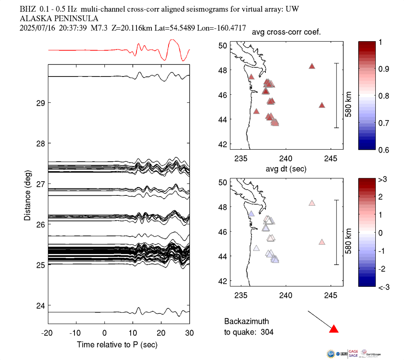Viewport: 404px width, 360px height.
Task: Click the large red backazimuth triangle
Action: pos(334,329)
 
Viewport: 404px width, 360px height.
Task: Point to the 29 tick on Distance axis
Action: pos(40,103)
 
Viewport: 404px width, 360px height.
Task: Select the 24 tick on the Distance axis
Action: pos(40,306)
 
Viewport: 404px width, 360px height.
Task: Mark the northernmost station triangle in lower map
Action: pos(312,203)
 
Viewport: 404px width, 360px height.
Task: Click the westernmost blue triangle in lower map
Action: pos(251,214)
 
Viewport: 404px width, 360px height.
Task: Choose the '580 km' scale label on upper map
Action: pos(348,96)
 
